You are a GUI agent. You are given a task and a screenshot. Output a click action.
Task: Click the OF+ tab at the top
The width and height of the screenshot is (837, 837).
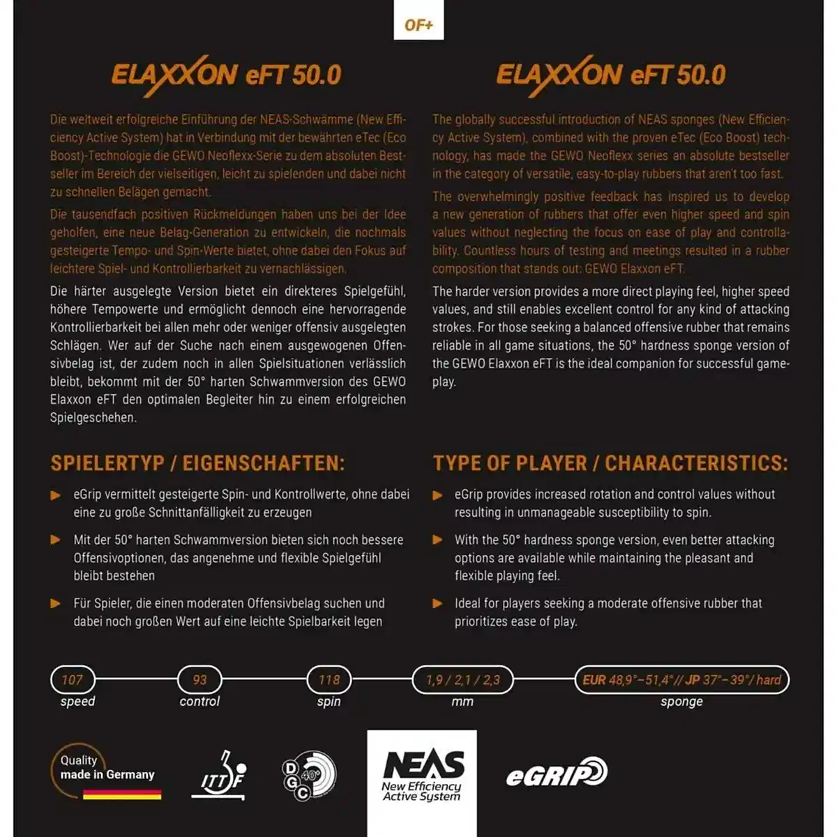(x=418, y=25)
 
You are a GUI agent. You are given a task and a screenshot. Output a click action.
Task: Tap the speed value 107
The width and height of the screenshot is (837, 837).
(x=73, y=679)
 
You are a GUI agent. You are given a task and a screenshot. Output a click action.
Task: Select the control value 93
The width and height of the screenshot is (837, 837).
(x=199, y=679)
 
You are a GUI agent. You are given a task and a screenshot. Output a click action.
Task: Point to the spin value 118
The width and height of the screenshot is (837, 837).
(x=329, y=679)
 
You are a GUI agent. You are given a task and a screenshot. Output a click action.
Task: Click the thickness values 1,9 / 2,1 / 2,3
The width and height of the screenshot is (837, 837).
(x=462, y=679)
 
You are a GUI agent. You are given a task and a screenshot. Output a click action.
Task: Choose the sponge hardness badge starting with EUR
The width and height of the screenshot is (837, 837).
(x=681, y=679)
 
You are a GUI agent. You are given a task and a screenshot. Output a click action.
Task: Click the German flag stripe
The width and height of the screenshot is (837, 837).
(x=122, y=794)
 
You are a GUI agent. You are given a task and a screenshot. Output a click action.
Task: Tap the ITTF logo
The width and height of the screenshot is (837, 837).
(x=219, y=776)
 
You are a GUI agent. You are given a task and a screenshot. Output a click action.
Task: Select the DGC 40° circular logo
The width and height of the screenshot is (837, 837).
(x=309, y=776)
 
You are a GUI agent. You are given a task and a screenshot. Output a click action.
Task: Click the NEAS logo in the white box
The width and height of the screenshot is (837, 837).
(x=422, y=774)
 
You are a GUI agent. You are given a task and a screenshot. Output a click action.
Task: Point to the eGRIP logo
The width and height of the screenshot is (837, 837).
(x=557, y=773)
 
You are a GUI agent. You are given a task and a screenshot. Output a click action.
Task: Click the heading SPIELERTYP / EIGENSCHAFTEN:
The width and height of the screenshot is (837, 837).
(x=197, y=463)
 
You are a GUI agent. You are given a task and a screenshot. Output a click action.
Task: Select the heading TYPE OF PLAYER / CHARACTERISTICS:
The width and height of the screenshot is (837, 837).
(x=610, y=463)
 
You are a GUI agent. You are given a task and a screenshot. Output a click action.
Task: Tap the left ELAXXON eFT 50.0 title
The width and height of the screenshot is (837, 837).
(x=226, y=75)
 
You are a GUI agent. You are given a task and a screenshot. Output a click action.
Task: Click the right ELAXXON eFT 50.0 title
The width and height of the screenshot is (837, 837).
(x=610, y=75)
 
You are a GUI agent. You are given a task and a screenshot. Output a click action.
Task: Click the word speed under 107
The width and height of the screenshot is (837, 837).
(x=77, y=702)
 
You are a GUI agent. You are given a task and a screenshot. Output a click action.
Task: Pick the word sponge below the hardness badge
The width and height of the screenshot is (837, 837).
(x=681, y=702)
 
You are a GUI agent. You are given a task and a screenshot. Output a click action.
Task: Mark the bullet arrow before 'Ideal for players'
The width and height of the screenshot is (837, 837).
(x=438, y=603)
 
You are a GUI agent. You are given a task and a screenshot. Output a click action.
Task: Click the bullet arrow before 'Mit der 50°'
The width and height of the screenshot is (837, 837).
(x=56, y=540)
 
